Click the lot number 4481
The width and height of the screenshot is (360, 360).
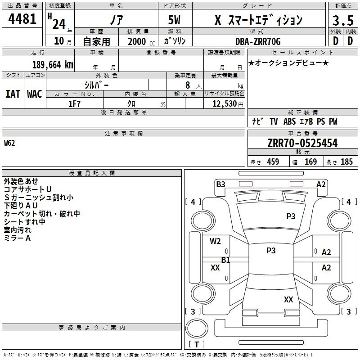pos(22,19)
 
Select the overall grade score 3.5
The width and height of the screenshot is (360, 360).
pos(343,20)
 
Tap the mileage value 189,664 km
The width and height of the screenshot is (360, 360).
pos(53,65)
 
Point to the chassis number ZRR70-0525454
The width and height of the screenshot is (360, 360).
pos(302,143)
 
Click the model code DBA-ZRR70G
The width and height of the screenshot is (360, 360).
pos(258,41)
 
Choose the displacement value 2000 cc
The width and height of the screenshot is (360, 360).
pos(141,41)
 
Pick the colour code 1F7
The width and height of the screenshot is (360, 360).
pos(74,104)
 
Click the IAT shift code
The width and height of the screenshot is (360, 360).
pos(13,94)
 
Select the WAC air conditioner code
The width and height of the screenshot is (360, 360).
pos(35,94)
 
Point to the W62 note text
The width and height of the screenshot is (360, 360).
pos(9,143)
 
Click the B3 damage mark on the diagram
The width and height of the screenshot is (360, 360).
pos(220,184)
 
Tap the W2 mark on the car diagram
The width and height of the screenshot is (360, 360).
pos(215,241)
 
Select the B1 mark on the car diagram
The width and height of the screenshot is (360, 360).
pos(225,260)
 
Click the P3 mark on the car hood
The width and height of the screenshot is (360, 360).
pos(291,216)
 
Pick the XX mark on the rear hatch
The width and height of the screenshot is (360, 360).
pos(288,299)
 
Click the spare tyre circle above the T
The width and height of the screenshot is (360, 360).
pos(197,328)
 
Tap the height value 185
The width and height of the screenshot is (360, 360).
pos(346,162)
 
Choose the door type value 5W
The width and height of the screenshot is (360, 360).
pos(174,20)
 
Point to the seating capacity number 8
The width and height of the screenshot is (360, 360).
pos(188,85)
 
